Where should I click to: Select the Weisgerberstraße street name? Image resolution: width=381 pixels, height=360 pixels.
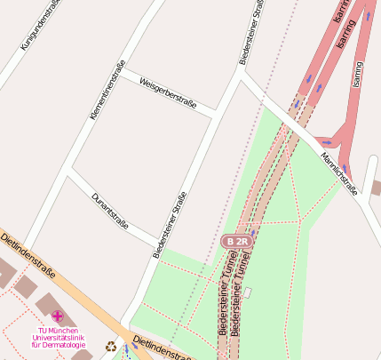tap(170, 93)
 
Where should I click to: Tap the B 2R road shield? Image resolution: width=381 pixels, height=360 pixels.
tap(235, 241)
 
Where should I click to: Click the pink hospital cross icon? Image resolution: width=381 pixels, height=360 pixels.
tap(58, 316)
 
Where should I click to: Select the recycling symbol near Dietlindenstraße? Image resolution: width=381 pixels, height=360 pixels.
tap(110, 347)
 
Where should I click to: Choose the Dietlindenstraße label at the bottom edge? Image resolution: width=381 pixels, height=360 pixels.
tap(162, 349)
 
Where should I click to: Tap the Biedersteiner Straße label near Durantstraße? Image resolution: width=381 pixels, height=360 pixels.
tap(170, 225)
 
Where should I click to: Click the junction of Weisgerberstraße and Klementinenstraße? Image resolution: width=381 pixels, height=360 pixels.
tap(123, 68)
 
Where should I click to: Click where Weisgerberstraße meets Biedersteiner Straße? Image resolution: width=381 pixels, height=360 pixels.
tap(216, 115)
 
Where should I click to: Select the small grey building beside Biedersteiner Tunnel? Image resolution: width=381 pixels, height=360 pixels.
tap(249, 292)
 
